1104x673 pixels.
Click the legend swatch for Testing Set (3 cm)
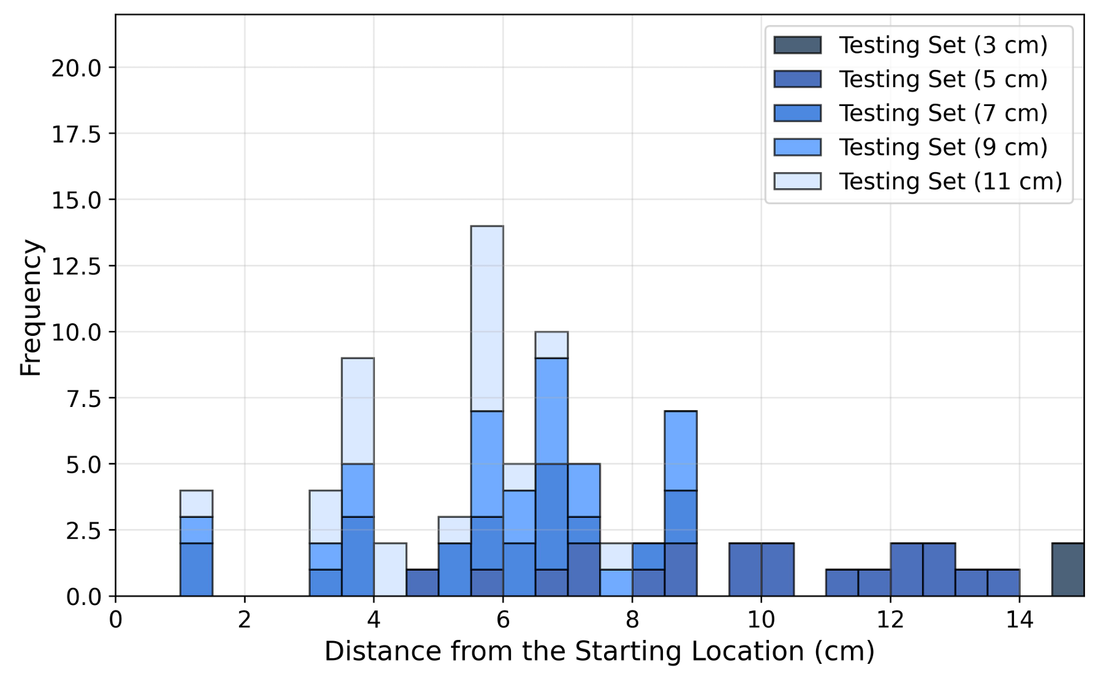pyautogui.click(x=797, y=45)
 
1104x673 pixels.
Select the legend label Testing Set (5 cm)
pyautogui.click(x=943, y=79)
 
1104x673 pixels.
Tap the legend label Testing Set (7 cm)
pyautogui.click(x=943, y=113)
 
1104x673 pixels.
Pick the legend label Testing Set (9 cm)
pyautogui.click(x=943, y=147)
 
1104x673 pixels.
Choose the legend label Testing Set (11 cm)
pyautogui.click(x=950, y=181)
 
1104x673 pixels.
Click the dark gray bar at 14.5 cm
pyautogui.click(x=1068, y=569)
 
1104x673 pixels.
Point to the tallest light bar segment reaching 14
pyautogui.click(x=487, y=318)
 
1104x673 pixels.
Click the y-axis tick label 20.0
pyautogui.click(x=76, y=68)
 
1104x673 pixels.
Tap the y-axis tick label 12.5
pyautogui.click(x=76, y=267)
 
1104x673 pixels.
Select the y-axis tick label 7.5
pyautogui.click(x=83, y=399)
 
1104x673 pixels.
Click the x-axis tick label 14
pyautogui.click(x=1019, y=620)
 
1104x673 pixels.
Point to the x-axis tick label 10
pyautogui.click(x=761, y=620)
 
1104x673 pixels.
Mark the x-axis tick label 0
pyautogui.click(x=116, y=620)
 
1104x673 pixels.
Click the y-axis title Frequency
pyautogui.click(x=31, y=308)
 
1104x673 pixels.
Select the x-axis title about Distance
pyautogui.click(x=599, y=652)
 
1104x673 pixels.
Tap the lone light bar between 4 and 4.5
pyautogui.click(x=390, y=569)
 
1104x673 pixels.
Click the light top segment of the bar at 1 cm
pyautogui.click(x=196, y=503)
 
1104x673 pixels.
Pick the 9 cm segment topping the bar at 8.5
pyautogui.click(x=681, y=451)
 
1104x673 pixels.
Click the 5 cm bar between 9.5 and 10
pyautogui.click(x=745, y=569)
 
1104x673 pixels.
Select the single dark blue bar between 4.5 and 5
pyautogui.click(x=423, y=582)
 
